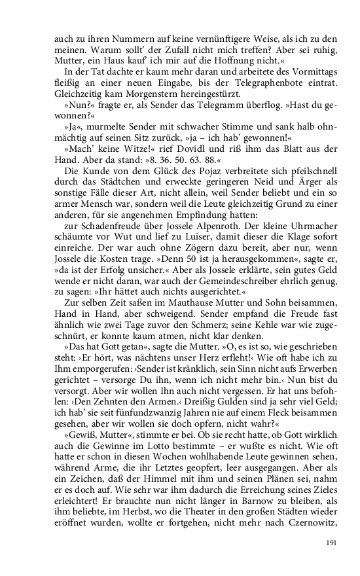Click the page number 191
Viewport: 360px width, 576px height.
[x=331, y=543]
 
